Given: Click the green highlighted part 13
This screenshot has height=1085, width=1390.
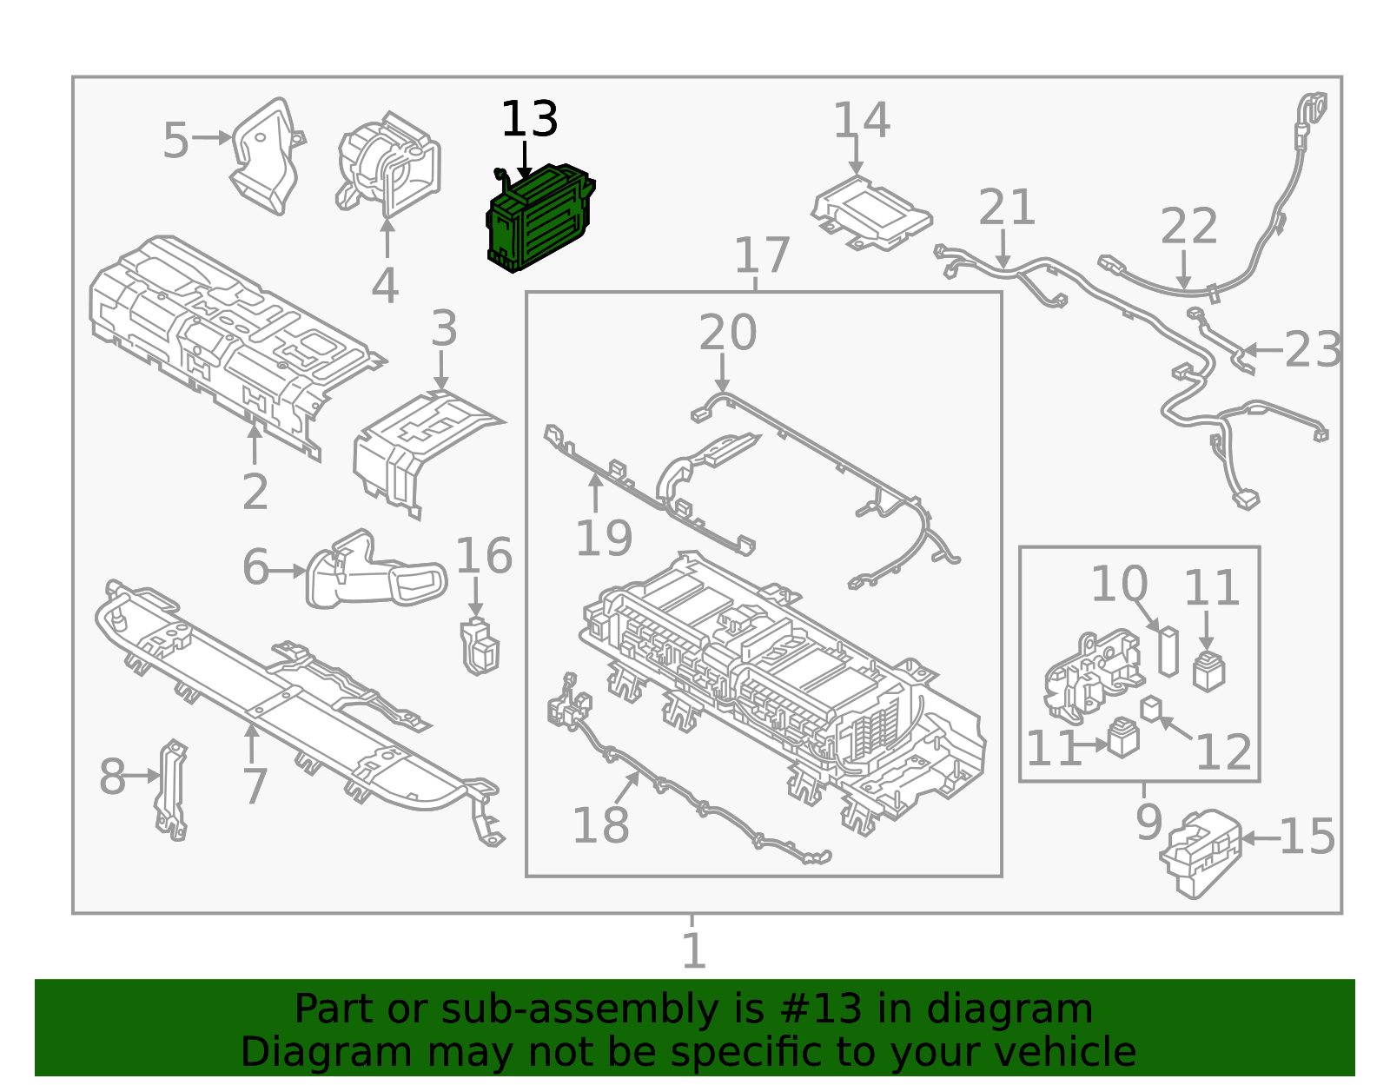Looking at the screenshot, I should (539, 217).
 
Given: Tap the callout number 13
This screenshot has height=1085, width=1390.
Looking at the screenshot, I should (528, 120).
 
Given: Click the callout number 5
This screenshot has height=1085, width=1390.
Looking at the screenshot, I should (175, 141).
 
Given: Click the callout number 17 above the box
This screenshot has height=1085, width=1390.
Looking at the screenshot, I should (761, 255).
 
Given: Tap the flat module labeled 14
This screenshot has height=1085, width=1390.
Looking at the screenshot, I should (870, 213).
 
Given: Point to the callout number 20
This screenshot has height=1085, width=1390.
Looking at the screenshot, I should (727, 333).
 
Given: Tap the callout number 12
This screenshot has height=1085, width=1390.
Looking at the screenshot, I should (1223, 752).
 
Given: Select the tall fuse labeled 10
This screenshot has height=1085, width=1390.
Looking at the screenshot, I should (1168, 652).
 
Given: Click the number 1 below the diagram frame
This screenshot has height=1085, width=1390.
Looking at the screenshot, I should (692, 951).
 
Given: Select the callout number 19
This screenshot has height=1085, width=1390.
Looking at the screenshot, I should (603, 539).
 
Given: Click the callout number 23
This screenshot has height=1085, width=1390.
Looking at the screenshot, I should (1312, 350).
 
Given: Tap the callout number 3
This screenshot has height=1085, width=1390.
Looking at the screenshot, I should (443, 329).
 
